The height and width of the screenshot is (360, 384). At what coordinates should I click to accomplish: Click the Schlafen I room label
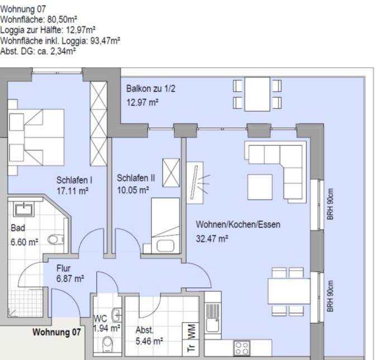pos(74,180)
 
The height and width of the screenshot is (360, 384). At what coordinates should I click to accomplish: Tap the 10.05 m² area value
pos(133,190)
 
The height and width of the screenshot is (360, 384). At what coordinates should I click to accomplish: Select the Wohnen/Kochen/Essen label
pos(238,224)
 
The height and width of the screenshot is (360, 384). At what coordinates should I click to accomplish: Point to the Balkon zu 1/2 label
pos(151,88)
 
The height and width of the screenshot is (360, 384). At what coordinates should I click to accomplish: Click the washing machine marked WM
pos(191,331)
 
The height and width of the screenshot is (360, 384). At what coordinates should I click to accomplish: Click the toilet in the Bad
pos(55,239)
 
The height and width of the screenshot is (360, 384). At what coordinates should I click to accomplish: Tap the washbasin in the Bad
pos(23,210)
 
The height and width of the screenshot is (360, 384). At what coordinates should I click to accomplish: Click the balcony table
pos(257,94)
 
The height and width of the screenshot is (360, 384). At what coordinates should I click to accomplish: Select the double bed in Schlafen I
pos(36,138)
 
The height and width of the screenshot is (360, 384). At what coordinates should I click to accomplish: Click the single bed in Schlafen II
pos(165,225)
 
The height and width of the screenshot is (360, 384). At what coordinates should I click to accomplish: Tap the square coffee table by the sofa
pos(260,187)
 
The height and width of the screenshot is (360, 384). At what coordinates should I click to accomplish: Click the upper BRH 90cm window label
pos(330,204)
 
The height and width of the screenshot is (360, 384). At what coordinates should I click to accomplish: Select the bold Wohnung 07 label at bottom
pos(56,332)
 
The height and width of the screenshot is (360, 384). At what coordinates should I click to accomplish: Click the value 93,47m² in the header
pos(105,41)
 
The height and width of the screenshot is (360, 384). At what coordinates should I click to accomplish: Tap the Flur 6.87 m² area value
pos(70,279)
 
